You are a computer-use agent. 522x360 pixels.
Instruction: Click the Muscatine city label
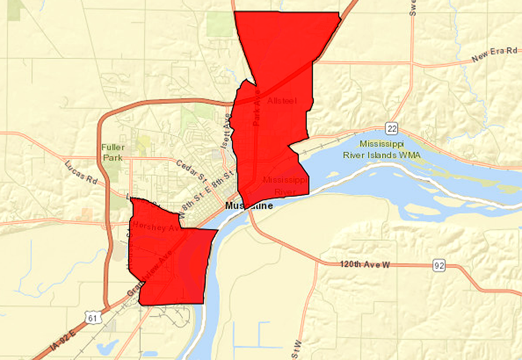[249, 205]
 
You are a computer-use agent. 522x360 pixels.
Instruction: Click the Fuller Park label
[113, 152]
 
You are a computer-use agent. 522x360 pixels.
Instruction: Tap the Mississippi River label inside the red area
[285, 185]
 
